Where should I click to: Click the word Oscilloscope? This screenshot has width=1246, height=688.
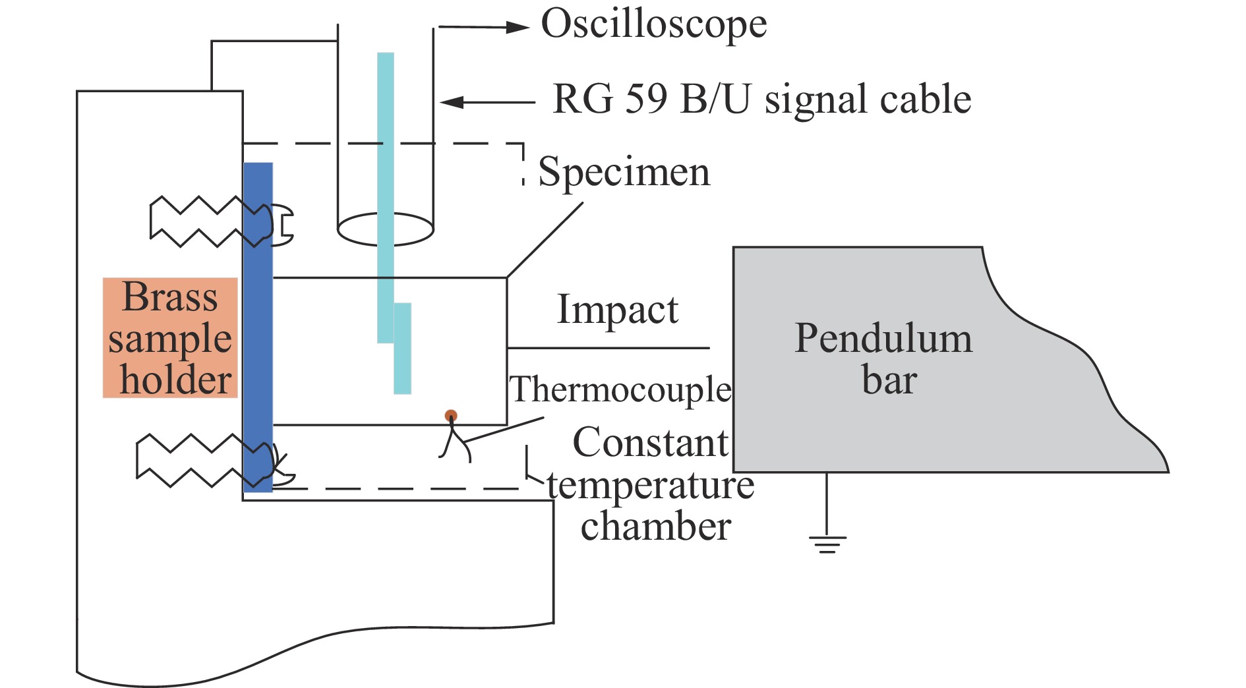click(x=653, y=25)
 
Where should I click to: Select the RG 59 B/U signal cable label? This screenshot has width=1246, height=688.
click(x=761, y=100)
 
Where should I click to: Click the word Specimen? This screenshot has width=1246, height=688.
click(x=624, y=173)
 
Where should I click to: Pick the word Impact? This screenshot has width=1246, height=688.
click(x=617, y=310)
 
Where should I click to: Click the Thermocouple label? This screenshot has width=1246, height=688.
click(x=620, y=389)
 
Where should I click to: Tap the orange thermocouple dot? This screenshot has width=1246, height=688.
click(x=451, y=416)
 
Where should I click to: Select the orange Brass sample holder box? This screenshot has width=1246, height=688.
click(x=170, y=338)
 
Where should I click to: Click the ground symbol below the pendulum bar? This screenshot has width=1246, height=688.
click(x=827, y=543)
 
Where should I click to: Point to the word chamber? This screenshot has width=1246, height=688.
click(x=655, y=527)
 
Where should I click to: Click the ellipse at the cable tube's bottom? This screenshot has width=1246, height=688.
click(x=385, y=229)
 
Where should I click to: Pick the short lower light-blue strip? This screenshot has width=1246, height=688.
click(x=402, y=349)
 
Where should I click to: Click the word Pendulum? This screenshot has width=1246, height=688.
click(x=883, y=339)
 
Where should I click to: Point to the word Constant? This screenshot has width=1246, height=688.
click(x=651, y=442)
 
